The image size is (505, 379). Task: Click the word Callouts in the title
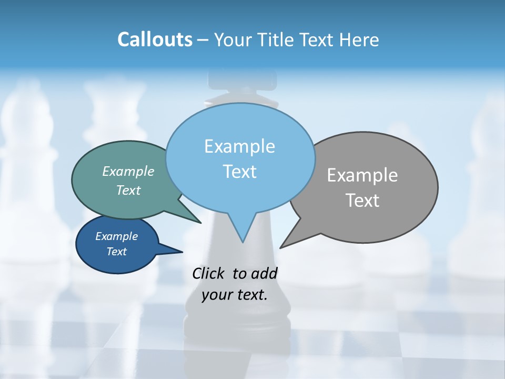tap(155, 39)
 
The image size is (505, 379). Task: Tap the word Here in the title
tap(360, 39)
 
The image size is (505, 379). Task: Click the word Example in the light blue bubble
tap(239, 146)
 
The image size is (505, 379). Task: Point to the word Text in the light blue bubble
tap(239, 172)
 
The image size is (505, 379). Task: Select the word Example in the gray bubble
tap(362, 175)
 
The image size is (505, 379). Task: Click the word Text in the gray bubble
tap(362, 201)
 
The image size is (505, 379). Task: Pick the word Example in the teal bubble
tap(128, 171)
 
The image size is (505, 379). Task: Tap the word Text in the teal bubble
tap(128, 190)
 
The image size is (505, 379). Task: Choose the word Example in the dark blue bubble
tap(117, 236)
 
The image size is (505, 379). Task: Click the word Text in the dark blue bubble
tap(117, 252)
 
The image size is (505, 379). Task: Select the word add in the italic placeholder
tap(265, 274)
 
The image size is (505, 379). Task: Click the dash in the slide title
tap(204, 41)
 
